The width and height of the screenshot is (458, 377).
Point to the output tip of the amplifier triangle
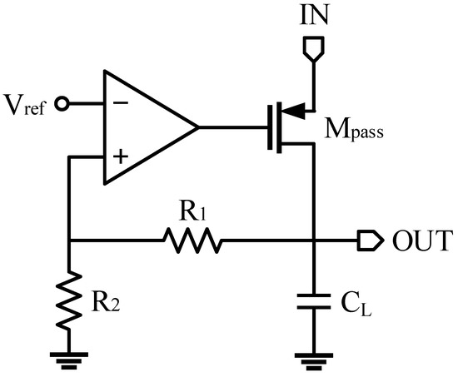point(197,128)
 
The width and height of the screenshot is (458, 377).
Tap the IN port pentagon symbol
point(312,52)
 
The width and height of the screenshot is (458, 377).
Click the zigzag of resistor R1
point(193,241)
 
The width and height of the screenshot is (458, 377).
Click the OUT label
point(421,241)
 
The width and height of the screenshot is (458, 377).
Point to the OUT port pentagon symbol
point(369,241)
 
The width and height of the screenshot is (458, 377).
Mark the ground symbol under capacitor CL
point(312,359)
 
